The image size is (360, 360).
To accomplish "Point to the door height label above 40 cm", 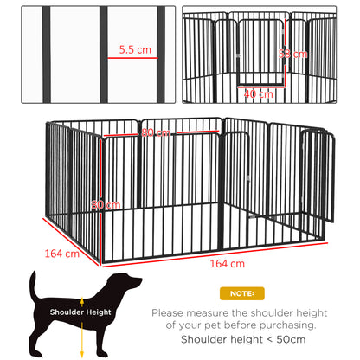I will point(297,54).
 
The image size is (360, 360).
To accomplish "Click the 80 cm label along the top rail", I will point(155,132).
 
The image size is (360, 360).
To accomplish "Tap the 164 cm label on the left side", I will point(63,254).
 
